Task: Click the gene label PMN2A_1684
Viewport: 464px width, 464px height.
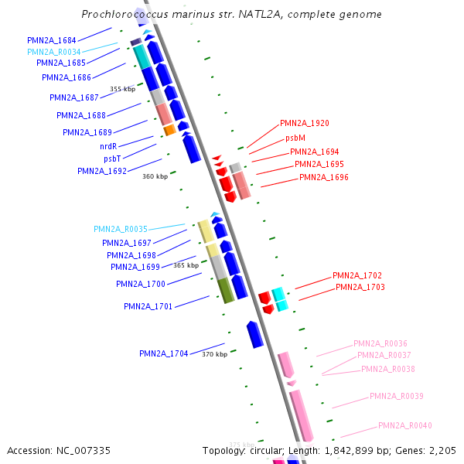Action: pyautogui.click(x=51, y=39)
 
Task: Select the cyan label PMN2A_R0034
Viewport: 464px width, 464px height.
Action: pyautogui.click(x=53, y=52)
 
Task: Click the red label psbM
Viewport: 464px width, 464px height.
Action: pyautogui.click(x=295, y=137)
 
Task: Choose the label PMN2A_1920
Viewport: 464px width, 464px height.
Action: pyautogui.click(x=305, y=123)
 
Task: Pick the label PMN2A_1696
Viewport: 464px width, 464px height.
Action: pyautogui.click(x=324, y=177)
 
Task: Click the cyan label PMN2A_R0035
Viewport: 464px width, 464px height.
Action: pyautogui.click(x=120, y=229)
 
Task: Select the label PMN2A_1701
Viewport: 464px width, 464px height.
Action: pyautogui.click(x=148, y=306)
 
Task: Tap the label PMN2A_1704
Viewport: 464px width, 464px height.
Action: pyautogui.click(x=163, y=353)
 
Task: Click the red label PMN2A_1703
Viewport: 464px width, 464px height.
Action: pyautogui.click(x=360, y=287)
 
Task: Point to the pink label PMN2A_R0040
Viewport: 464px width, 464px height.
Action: pyautogui.click(x=404, y=425)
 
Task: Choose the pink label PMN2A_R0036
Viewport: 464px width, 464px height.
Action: pyautogui.click(x=380, y=343)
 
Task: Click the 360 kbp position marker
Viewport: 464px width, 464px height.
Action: pyautogui.click(x=155, y=176)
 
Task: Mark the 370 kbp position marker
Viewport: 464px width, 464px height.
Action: pyautogui.click(x=214, y=354)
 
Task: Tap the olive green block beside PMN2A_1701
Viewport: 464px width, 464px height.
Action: pyautogui.click(x=225, y=290)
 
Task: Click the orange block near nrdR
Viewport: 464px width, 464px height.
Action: pyautogui.click(x=169, y=131)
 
